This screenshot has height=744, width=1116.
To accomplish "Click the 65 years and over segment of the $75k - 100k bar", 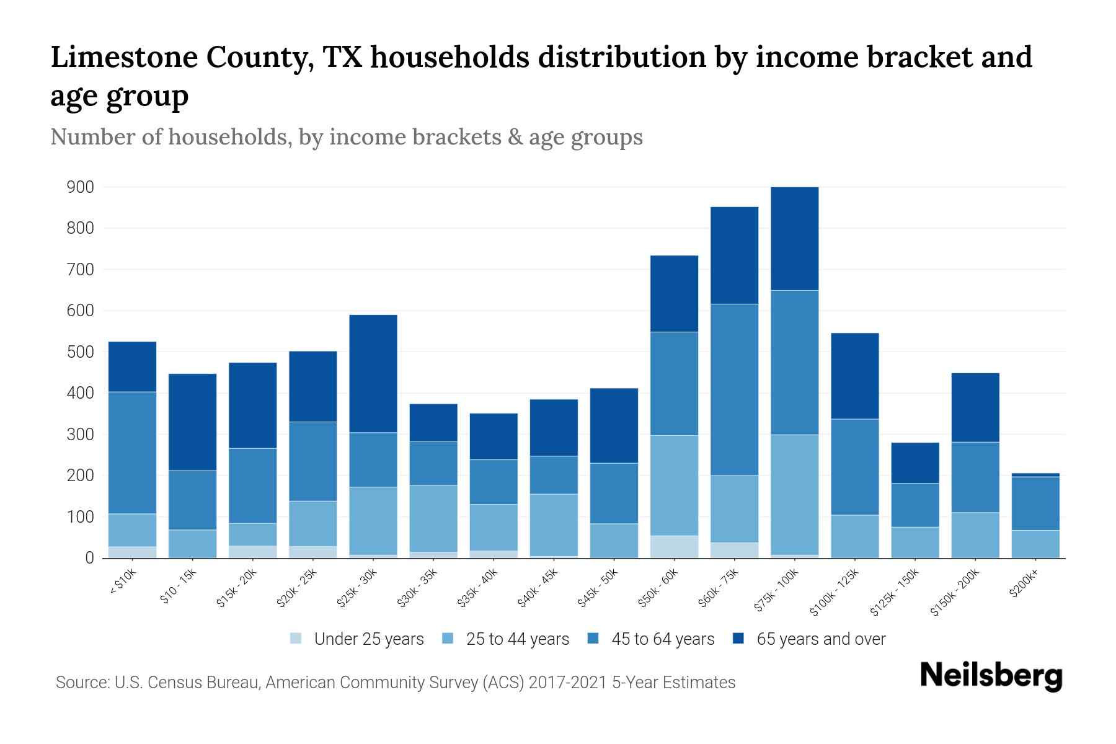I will (x=794, y=239).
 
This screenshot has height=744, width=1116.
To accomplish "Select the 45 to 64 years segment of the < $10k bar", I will (x=132, y=453).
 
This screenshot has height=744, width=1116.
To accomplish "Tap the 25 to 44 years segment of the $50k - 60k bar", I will (x=674, y=485).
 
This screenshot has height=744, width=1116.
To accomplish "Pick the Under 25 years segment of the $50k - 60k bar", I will (x=674, y=546).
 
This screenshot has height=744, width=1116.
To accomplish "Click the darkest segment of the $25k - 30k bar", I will (x=373, y=373).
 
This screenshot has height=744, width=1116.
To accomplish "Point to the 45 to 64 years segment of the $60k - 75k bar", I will (x=734, y=389).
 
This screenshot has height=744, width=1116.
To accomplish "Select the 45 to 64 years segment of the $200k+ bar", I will (x=1035, y=503).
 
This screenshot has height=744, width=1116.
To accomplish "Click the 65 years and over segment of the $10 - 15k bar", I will (x=192, y=422).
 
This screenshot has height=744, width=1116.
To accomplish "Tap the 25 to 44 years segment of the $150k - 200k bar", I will (x=975, y=534).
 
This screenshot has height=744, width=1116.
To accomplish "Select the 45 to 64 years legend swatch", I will (x=593, y=639).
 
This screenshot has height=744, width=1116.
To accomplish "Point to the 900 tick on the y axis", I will (x=80, y=187).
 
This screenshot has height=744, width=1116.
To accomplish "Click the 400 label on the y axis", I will (x=80, y=393).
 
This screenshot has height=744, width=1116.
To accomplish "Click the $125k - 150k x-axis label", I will (x=895, y=592).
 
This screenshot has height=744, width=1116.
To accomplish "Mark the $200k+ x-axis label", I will (x=1023, y=585).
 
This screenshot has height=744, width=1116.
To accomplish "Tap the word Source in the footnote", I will (x=81, y=683).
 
